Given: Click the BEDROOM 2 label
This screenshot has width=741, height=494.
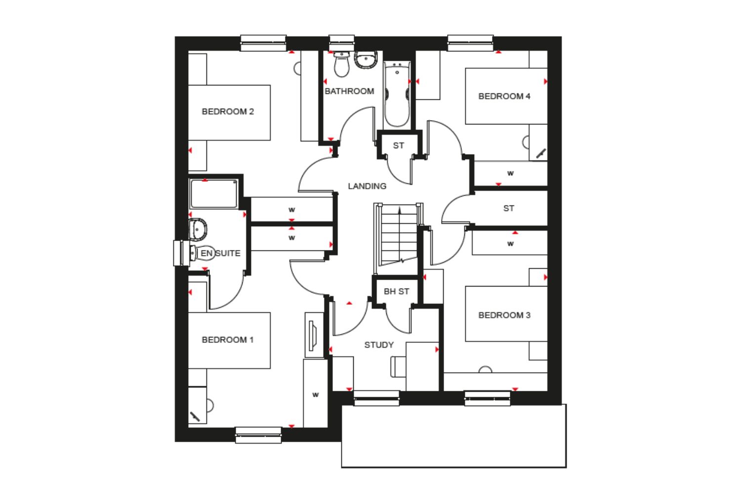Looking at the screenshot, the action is coord(228,112).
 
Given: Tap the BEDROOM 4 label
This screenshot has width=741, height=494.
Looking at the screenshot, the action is coord(504,96).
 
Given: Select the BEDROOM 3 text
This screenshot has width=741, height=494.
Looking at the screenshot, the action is coord(504,315).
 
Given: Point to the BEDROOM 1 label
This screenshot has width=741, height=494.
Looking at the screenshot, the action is coord(228,340).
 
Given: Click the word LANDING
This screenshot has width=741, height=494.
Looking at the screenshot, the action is coord(367,186).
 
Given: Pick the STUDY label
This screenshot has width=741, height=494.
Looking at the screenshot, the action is coord(379,345).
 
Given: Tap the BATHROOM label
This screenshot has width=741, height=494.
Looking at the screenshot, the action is coord(349,91).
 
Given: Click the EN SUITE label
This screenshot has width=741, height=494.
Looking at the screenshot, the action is coord(220,253).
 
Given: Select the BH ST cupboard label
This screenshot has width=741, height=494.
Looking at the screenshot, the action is coord(396,291).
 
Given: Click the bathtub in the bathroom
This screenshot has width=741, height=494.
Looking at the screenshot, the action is coord(397,94).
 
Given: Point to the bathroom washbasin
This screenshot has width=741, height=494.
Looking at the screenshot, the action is coord(366,60).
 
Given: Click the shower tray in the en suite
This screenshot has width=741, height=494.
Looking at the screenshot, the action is coord(214,194).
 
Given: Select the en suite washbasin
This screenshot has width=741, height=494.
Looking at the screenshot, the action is coord(198,229).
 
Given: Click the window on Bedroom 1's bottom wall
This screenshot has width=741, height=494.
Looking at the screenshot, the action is coord(258,435).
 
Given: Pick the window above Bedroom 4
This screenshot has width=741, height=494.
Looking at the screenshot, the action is coord(470,43).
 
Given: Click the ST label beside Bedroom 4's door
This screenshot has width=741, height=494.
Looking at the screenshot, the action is coord(398,146).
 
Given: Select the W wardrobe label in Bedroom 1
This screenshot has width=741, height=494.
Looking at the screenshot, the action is coord(316,395).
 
